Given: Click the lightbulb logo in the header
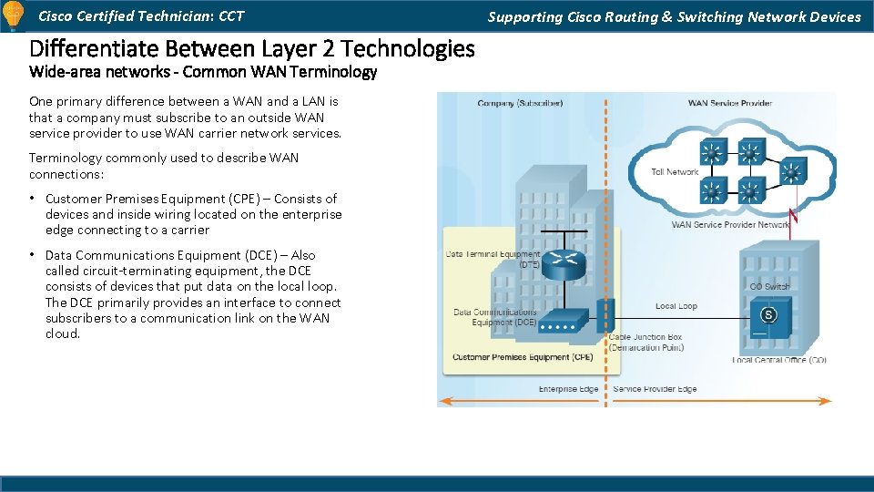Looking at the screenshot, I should pyautogui.click(x=13, y=15).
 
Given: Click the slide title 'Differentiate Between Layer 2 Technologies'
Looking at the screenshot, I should pyautogui.click(x=251, y=48).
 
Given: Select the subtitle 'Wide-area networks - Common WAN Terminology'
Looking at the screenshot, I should pyautogui.click(x=202, y=72).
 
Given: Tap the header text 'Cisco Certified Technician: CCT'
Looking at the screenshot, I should pyautogui.click(x=140, y=15).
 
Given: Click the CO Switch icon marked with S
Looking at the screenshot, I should pyautogui.click(x=767, y=315).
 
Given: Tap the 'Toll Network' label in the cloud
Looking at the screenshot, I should pyautogui.click(x=675, y=171).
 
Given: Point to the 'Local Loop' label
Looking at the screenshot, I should pyautogui.click(x=676, y=306).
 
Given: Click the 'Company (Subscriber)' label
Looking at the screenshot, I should pyautogui.click(x=520, y=103).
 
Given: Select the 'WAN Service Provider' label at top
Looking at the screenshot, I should pyautogui.click(x=729, y=103).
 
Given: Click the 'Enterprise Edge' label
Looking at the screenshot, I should pyautogui.click(x=568, y=389).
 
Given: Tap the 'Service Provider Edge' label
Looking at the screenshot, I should pyautogui.click(x=655, y=389).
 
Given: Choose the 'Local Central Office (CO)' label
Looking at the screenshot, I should pyautogui.click(x=778, y=360).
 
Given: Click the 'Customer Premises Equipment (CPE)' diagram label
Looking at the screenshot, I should pyautogui.click(x=523, y=357).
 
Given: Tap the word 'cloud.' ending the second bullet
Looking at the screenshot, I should pyautogui.click(x=63, y=333).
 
